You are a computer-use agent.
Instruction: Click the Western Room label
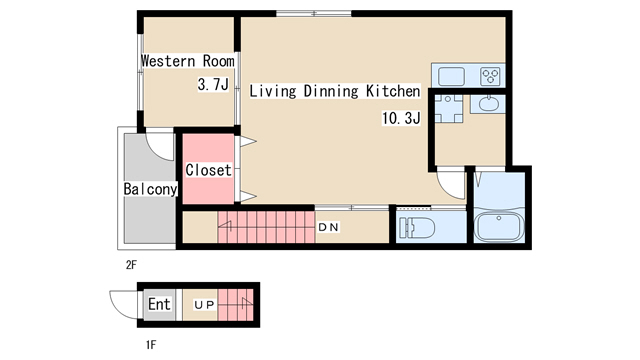tap(188, 61)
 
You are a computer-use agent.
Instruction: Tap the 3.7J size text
tap(213, 84)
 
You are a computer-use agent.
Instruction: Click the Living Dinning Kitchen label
tap(335, 91)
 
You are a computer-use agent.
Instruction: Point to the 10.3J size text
tap(401, 118)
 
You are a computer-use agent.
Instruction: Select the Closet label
tap(209, 170)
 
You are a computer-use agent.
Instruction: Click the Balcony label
tap(150, 189)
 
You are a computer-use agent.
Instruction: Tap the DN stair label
tap(328, 227)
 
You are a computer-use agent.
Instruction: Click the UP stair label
tap(204, 305)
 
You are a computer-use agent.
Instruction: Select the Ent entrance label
tap(159, 304)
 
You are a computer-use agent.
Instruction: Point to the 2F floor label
tap(131, 265)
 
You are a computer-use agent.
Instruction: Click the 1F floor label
tap(151, 345)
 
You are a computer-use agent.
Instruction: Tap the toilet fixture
tap(417, 227)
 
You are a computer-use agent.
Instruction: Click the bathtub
tap(500, 227)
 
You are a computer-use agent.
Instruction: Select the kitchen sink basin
tap(451, 76)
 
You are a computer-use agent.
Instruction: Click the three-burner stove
tap(490, 76)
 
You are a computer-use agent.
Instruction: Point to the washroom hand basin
tap(488, 104)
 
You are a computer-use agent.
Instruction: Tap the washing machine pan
tap(449, 109)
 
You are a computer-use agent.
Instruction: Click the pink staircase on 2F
tap(266, 227)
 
